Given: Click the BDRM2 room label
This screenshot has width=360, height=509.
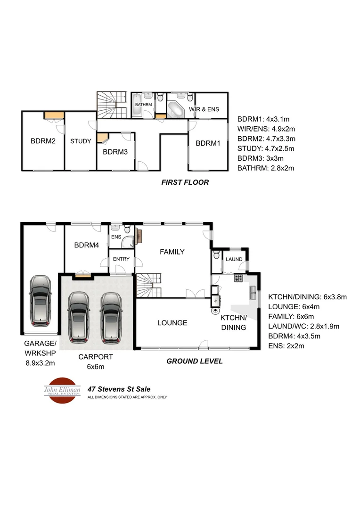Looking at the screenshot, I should [43, 140].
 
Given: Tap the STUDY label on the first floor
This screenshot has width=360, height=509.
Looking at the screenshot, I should [81, 141].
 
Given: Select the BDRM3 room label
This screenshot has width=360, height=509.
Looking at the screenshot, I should [115, 152].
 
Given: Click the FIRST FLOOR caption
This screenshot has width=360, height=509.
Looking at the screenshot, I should [185, 182].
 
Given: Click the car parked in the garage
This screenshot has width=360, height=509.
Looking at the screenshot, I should [40, 301].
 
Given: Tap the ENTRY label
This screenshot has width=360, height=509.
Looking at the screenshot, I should [121, 259].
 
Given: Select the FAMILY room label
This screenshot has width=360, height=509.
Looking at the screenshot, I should [172, 252].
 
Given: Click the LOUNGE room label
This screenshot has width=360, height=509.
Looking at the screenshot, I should [172, 323].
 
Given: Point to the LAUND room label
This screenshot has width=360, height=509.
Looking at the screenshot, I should [234, 259].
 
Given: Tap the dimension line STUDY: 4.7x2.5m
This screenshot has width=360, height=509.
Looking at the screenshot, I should [266, 148].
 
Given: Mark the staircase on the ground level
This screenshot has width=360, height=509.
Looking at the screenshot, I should [149, 286].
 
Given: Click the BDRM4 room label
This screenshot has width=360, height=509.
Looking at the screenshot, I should [86, 245].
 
